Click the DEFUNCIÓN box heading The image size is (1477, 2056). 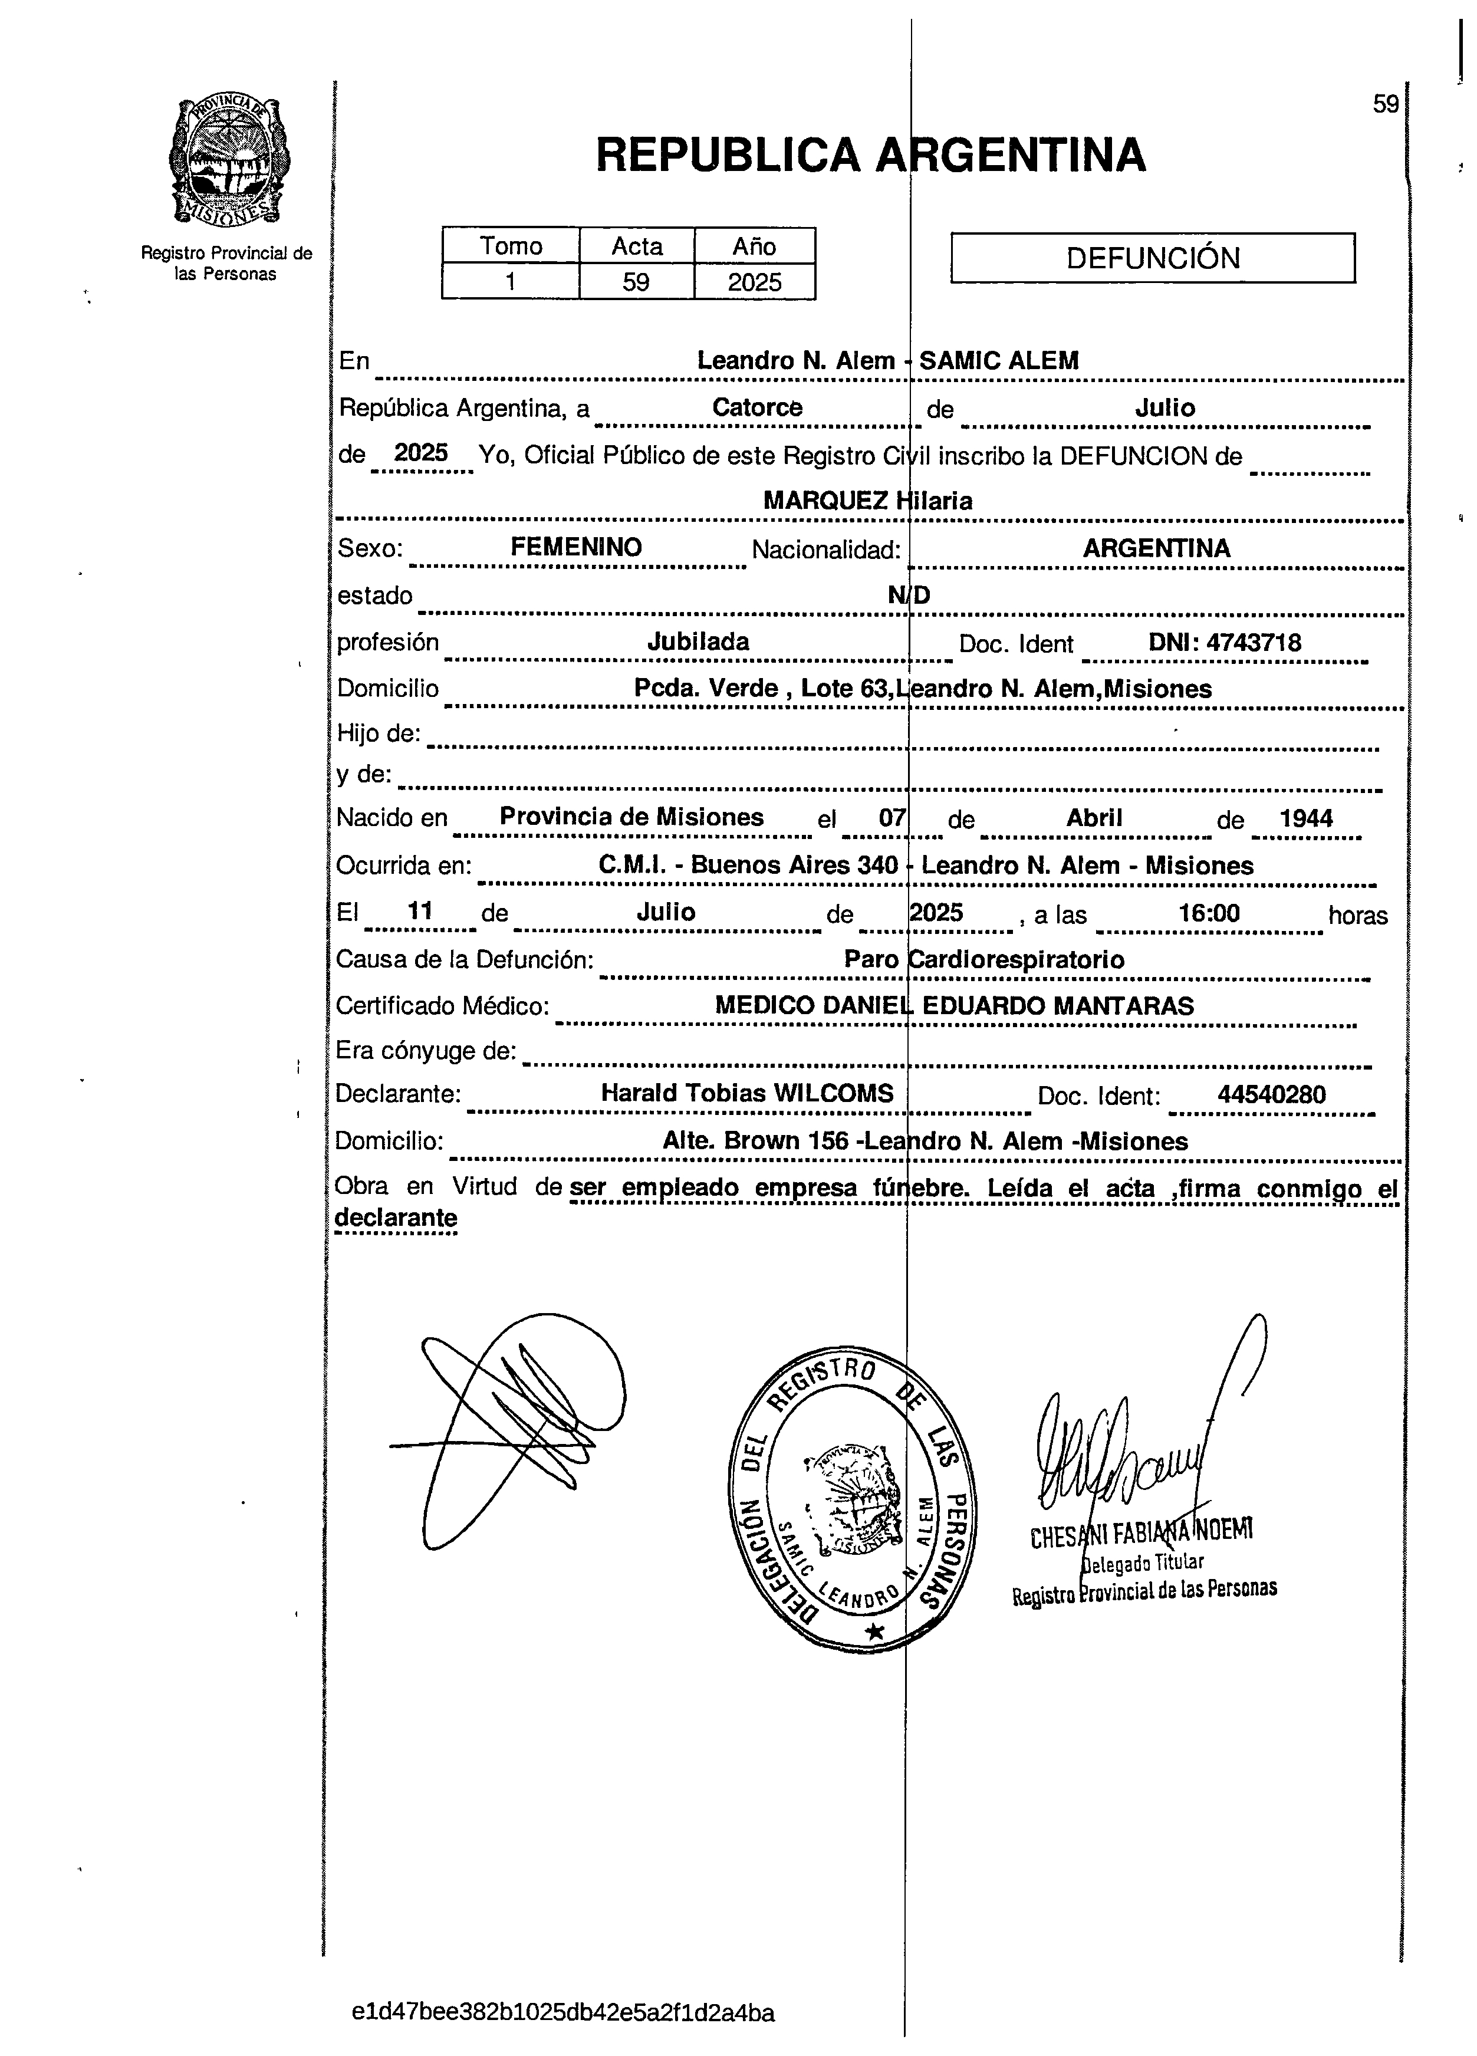tap(1152, 258)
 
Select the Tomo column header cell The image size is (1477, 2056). tap(511, 246)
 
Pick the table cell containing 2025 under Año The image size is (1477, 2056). tap(754, 282)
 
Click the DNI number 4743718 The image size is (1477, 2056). tap(1253, 643)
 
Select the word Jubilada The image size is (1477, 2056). tap(698, 642)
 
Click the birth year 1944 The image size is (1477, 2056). tap(1305, 818)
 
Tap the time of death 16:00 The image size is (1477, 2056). tap(1209, 912)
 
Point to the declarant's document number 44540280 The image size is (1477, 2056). tap(1271, 1094)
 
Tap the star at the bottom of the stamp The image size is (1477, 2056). tap(875, 1631)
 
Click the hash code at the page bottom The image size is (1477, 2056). tap(563, 2014)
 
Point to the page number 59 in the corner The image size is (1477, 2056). tap(1384, 104)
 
